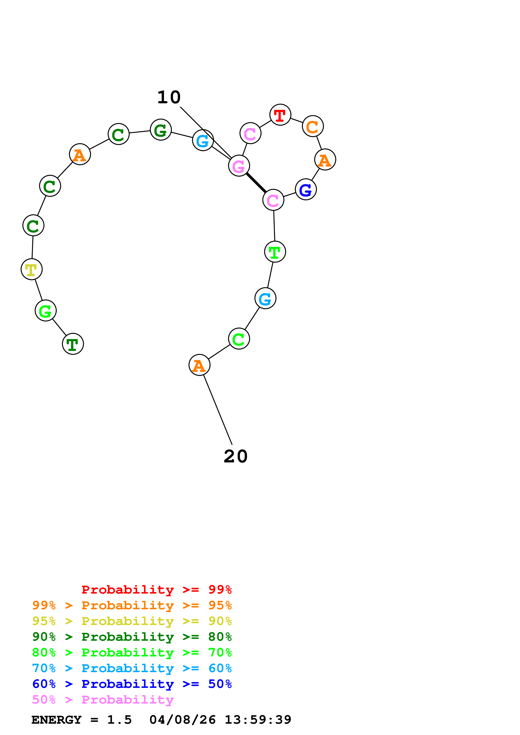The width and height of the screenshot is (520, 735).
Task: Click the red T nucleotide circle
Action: point(280,115)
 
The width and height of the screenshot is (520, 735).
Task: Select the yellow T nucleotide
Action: point(31,269)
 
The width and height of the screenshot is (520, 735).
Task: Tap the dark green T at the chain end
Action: point(73,344)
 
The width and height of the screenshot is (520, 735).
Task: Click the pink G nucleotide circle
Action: point(239,166)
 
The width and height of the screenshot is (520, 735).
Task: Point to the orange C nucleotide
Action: point(313,126)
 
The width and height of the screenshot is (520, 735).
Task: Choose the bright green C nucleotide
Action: point(239,339)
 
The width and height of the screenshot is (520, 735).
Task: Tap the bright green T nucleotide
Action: point(275,252)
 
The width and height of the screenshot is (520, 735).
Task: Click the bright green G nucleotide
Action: point(46,311)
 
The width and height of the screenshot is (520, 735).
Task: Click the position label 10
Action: point(169,97)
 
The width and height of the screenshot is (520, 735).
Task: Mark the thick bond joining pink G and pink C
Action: point(256,183)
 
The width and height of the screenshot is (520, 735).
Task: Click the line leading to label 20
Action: point(218,410)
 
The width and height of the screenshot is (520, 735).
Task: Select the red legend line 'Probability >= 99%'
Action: point(157,590)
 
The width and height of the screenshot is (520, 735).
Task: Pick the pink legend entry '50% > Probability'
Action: point(103,699)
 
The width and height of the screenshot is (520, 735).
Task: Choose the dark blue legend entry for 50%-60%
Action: point(132,684)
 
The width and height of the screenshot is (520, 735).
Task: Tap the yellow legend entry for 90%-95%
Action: point(132,621)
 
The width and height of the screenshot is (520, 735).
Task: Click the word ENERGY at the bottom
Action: point(57,720)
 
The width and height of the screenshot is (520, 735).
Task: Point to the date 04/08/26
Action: point(183,720)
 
